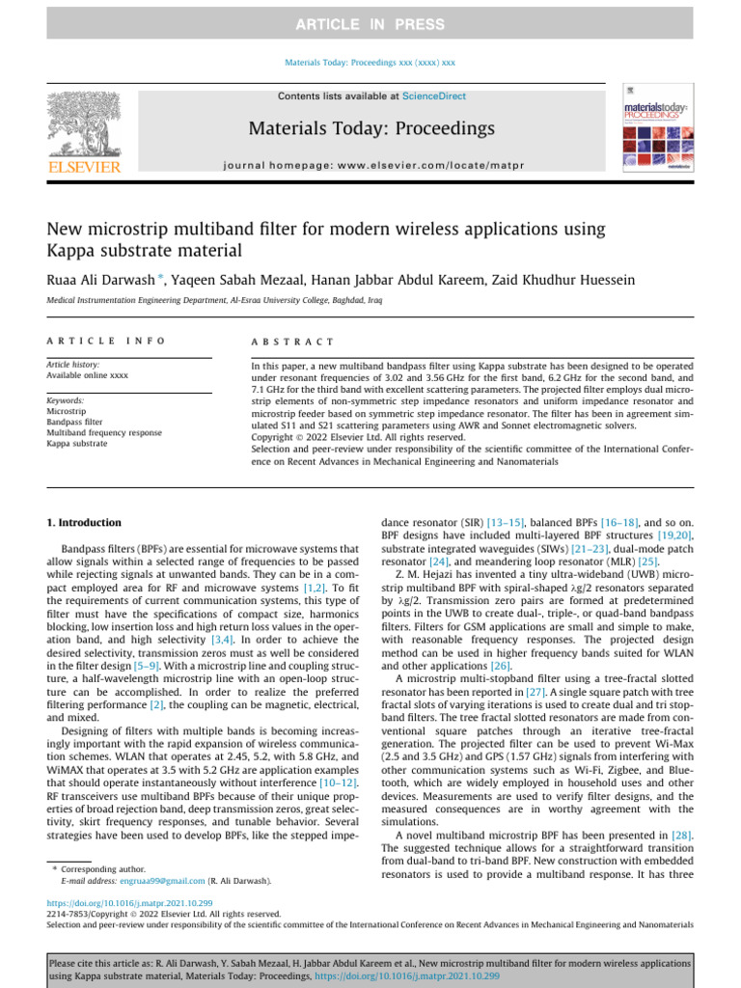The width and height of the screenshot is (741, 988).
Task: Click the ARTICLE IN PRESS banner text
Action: coord(370,24)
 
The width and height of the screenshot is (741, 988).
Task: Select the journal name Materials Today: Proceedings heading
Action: coord(370,129)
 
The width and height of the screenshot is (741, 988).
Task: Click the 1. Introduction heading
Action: coord(85,522)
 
